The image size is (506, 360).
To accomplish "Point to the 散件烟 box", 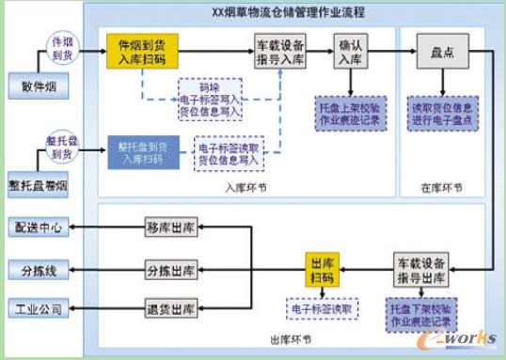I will (x=32, y=86).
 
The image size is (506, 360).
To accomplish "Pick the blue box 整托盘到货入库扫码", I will (x=141, y=153).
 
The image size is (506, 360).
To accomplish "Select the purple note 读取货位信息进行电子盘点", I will (x=443, y=112).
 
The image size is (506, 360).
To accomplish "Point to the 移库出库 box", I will (x=170, y=227).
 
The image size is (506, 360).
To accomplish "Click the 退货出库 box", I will (x=170, y=309).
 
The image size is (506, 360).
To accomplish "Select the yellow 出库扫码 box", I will (x=322, y=269).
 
